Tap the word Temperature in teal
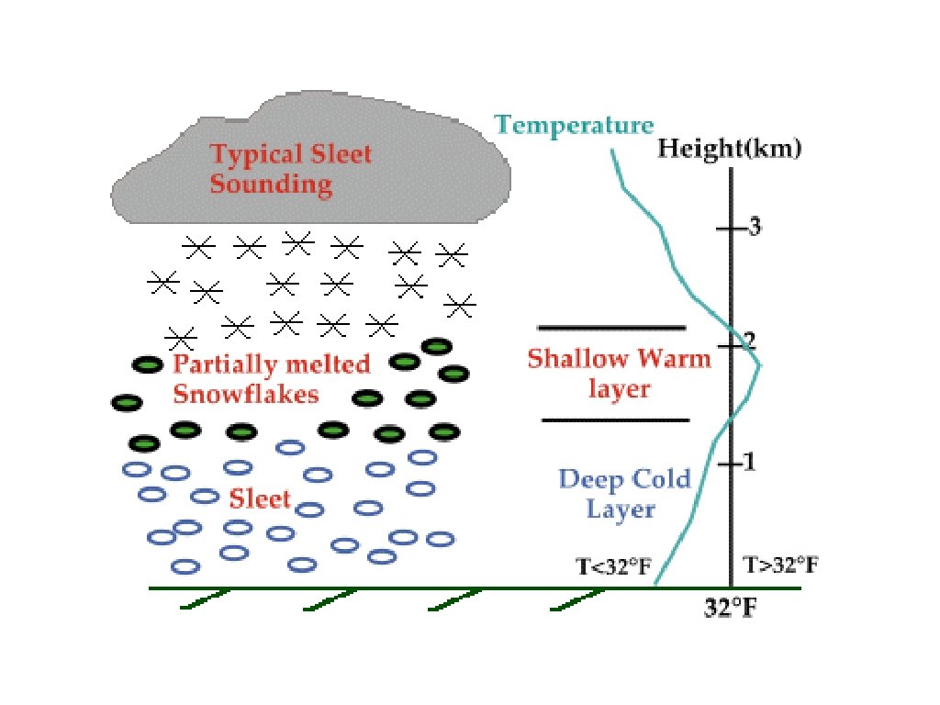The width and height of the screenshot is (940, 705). point(574,125)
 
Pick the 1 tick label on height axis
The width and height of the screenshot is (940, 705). point(748,462)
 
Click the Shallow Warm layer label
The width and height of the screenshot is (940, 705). point(619,373)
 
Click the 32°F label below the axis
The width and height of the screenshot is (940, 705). point(731,608)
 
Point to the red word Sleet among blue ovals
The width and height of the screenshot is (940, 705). point(260,499)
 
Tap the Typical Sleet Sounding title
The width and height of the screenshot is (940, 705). point(290,168)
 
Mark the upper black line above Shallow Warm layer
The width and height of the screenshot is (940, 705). point(611,327)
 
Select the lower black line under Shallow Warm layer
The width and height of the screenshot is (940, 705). point(615,420)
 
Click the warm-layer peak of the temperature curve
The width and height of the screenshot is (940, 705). point(760,364)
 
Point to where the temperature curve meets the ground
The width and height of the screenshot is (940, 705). point(654,585)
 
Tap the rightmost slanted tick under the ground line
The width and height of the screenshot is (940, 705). point(578,599)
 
